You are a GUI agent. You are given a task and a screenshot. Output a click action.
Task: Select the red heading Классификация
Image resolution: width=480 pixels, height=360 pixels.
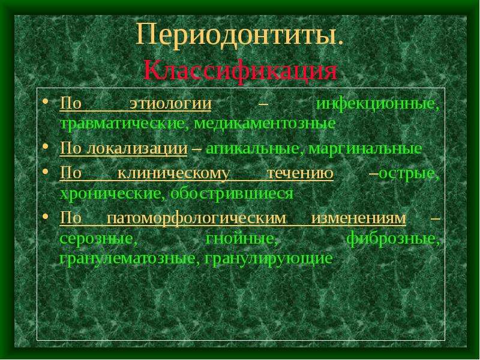pyautogui.click(x=241, y=71)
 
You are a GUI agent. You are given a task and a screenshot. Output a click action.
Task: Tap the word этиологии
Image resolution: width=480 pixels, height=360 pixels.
pyautogui.click(x=170, y=103)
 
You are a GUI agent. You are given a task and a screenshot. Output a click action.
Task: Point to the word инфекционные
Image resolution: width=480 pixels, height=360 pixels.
pyautogui.click(x=378, y=104)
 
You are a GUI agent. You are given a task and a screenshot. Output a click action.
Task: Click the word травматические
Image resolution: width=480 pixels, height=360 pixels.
pyautogui.click(x=122, y=124)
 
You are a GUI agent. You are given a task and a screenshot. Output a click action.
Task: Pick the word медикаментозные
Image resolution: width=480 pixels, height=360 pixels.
pyautogui.click(x=265, y=124)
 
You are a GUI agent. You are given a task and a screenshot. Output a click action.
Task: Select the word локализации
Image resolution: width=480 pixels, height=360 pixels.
pyautogui.click(x=137, y=149)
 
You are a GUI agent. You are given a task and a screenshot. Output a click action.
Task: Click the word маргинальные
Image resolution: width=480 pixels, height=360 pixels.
pyautogui.click(x=365, y=149)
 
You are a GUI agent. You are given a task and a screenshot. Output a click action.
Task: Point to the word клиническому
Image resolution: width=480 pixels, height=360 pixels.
pyautogui.click(x=173, y=174)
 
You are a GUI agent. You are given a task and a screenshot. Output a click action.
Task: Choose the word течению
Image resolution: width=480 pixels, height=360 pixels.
pyautogui.click(x=300, y=173)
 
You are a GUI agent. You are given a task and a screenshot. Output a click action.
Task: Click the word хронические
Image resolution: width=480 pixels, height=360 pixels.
pyautogui.click(x=110, y=194)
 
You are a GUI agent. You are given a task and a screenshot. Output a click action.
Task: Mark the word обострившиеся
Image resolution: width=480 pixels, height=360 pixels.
pyautogui.click(x=232, y=194)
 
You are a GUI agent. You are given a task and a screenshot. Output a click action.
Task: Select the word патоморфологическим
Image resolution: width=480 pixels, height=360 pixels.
pyautogui.click(x=197, y=218)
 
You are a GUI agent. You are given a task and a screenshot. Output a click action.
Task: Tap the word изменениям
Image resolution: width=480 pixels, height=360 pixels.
pyautogui.click(x=359, y=218)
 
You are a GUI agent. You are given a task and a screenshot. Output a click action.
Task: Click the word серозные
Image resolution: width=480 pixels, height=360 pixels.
pyautogui.click(x=98, y=238)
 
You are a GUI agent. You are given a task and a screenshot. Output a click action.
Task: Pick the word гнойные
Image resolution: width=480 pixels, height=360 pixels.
pyautogui.click(x=242, y=238)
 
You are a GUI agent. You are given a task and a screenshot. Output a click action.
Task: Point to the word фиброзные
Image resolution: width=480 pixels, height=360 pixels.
pyautogui.click(x=393, y=238)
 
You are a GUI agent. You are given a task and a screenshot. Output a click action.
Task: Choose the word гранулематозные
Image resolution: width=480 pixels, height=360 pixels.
pyautogui.click(x=127, y=259)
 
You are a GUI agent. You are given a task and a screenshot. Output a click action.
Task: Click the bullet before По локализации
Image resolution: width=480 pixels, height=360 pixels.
pyautogui.click(x=46, y=146)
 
